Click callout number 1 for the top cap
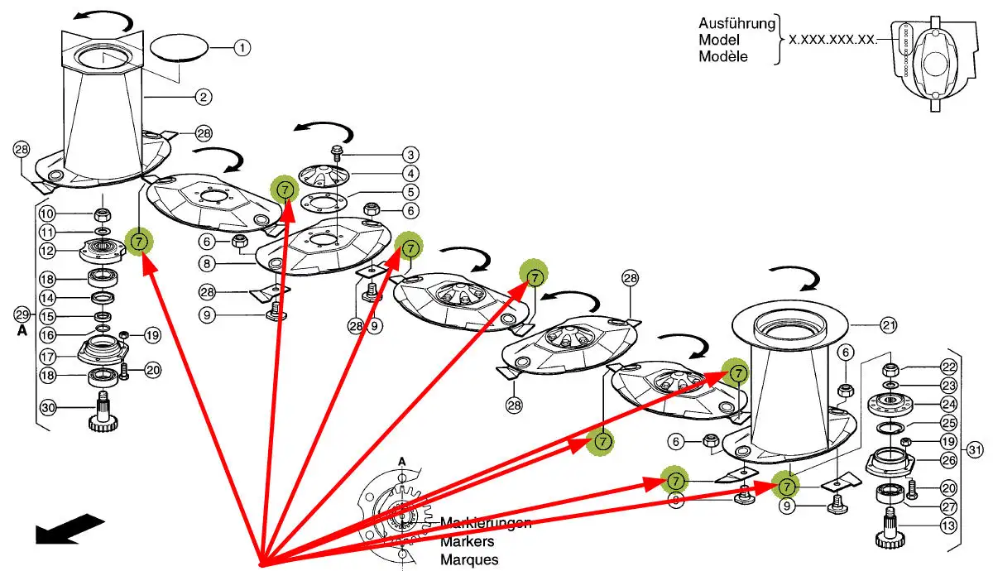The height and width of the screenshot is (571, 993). pyautogui.click(x=241, y=48)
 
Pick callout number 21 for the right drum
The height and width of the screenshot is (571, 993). pyautogui.click(x=888, y=326)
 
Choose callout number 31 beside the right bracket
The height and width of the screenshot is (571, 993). pyautogui.click(x=976, y=450)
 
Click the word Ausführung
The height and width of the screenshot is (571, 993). pyautogui.click(x=737, y=22)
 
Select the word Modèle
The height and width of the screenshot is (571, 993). pyautogui.click(x=723, y=57)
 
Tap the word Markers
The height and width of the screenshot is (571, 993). pyautogui.click(x=468, y=541)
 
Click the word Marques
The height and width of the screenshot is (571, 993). pyautogui.click(x=469, y=559)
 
